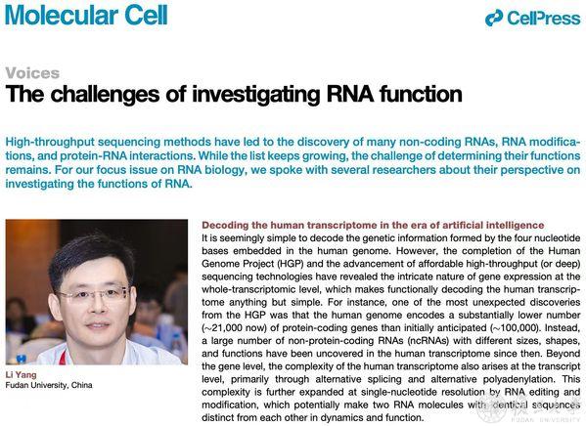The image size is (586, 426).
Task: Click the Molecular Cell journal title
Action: pyautogui.click(x=86, y=15)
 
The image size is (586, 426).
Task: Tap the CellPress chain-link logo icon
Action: pyautogui.click(x=494, y=18)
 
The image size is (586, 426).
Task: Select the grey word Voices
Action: pyautogui.click(x=32, y=73)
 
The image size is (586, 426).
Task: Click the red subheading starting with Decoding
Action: pyautogui.click(x=373, y=225)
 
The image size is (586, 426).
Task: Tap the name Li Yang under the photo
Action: pyautogui.click(x=21, y=375)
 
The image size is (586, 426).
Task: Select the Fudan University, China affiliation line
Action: pyautogui.click(x=49, y=385)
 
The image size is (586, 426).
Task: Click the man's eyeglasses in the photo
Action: pyautogui.click(x=94, y=294)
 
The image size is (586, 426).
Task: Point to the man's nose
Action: pyautogui.click(x=98, y=306)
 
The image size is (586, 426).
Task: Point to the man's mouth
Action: pyautogui.click(x=98, y=325)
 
